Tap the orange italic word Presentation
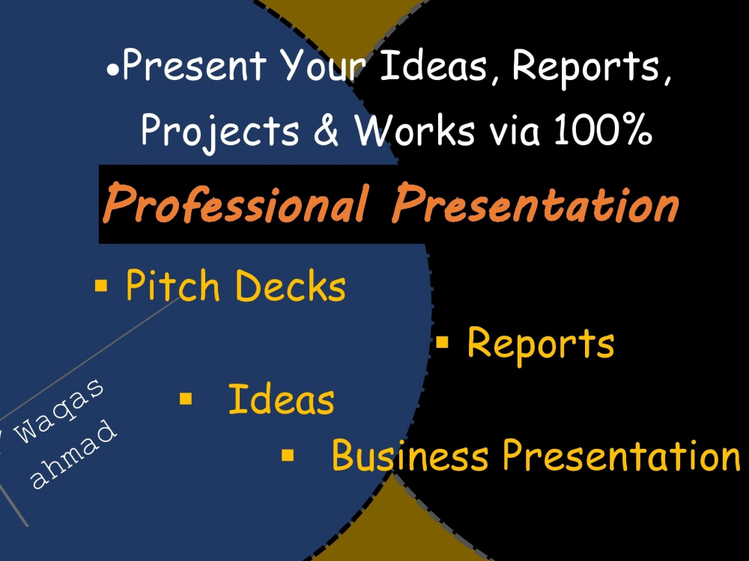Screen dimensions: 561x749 [x=536, y=204]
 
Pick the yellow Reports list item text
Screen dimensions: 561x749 [x=540, y=343]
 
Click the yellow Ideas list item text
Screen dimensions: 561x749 [x=281, y=399]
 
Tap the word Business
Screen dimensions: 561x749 [x=410, y=455]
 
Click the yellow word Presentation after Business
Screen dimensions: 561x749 [x=621, y=456]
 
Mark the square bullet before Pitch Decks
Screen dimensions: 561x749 [x=101, y=285]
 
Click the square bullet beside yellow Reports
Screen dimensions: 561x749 [x=442, y=343]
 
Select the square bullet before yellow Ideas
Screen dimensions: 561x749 [x=186, y=399]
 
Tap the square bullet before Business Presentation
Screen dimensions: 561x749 [x=288, y=454]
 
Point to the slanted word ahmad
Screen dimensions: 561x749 [x=75, y=456]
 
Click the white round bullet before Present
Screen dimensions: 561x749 [x=112, y=72]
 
